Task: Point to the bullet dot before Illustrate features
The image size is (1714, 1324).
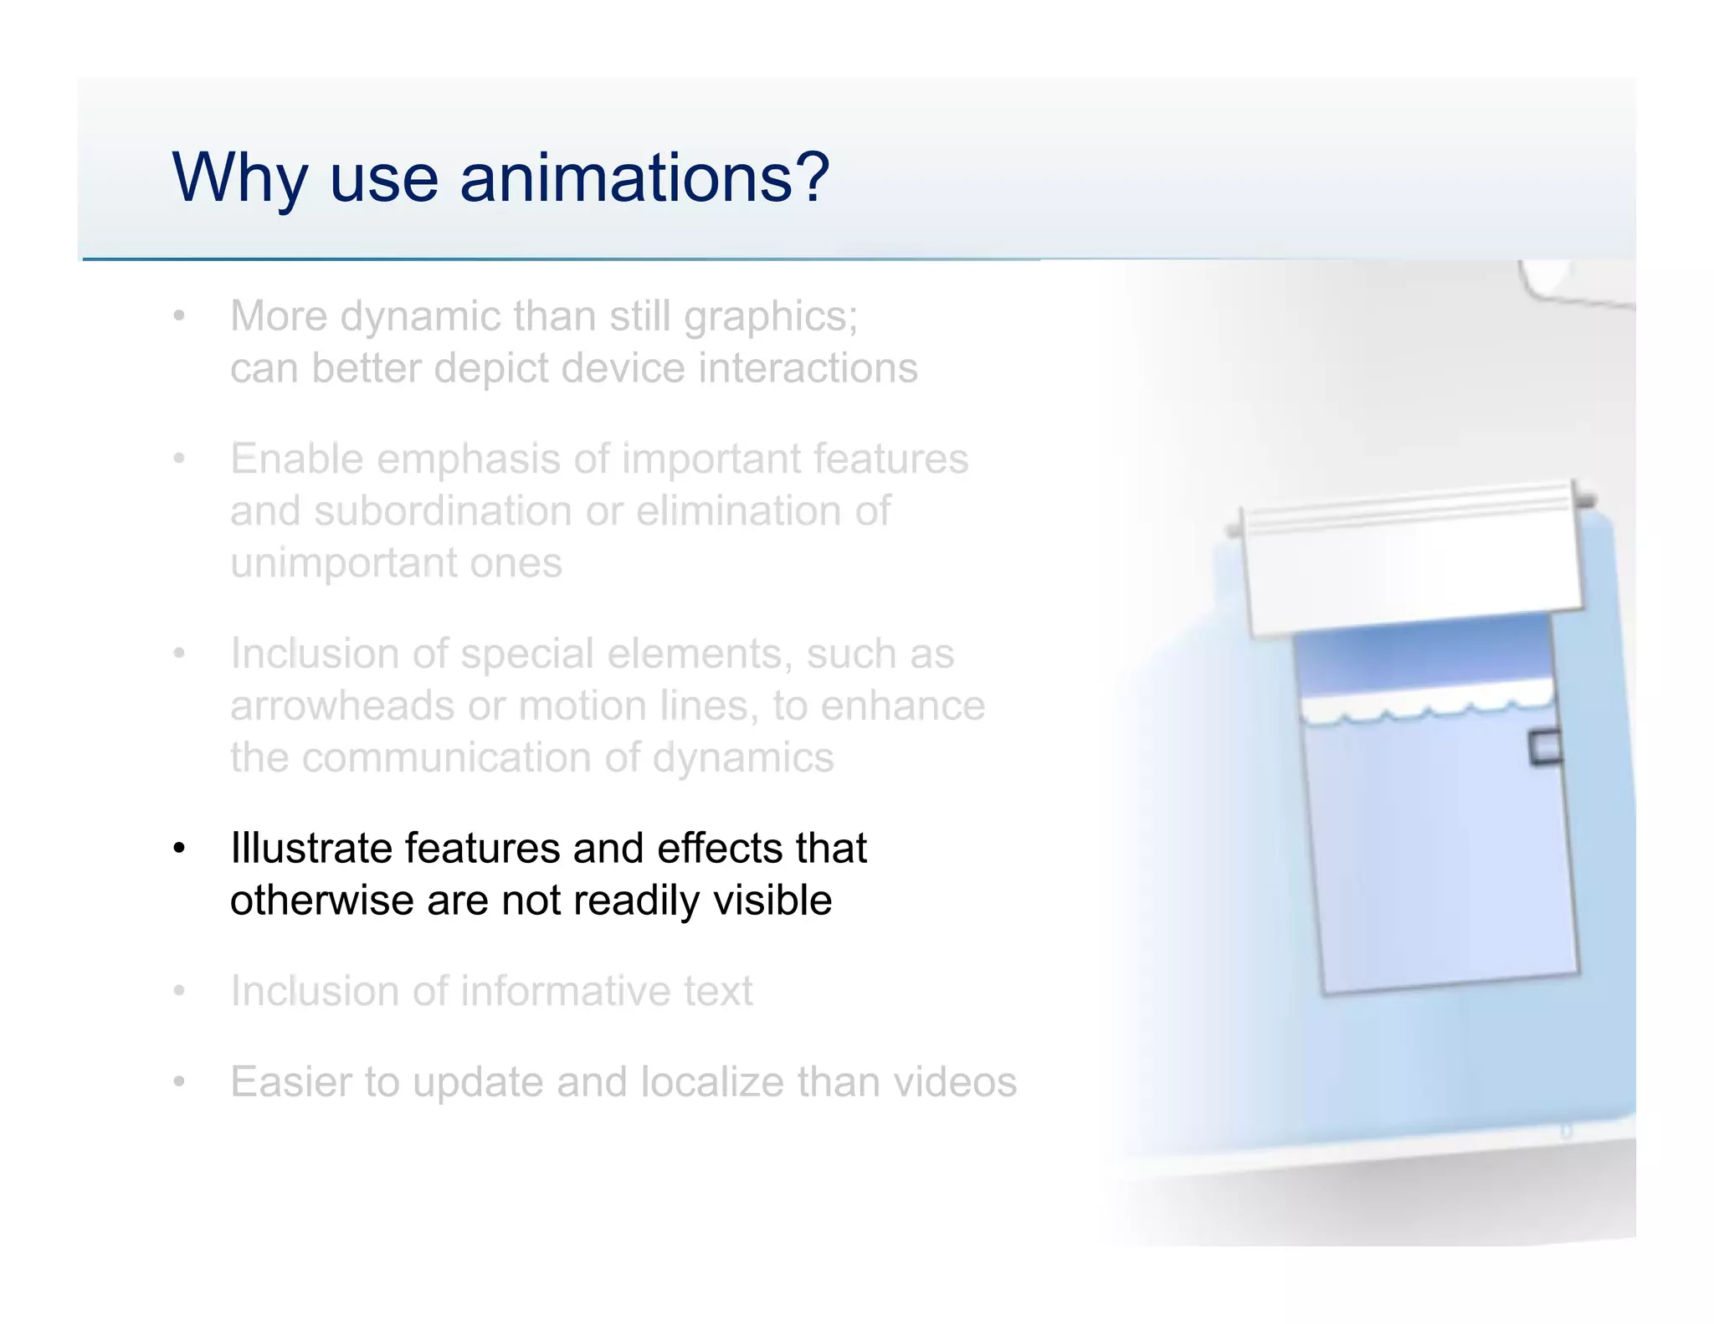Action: point(178,849)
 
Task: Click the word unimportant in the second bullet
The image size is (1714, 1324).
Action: point(342,562)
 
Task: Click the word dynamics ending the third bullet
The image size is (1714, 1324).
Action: point(742,757)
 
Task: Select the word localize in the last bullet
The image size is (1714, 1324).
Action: point(713,1081)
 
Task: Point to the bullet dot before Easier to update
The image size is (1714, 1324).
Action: point(178,1083)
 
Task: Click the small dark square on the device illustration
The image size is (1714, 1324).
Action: point(1545,747)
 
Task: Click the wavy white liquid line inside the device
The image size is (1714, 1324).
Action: point(1427,707)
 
